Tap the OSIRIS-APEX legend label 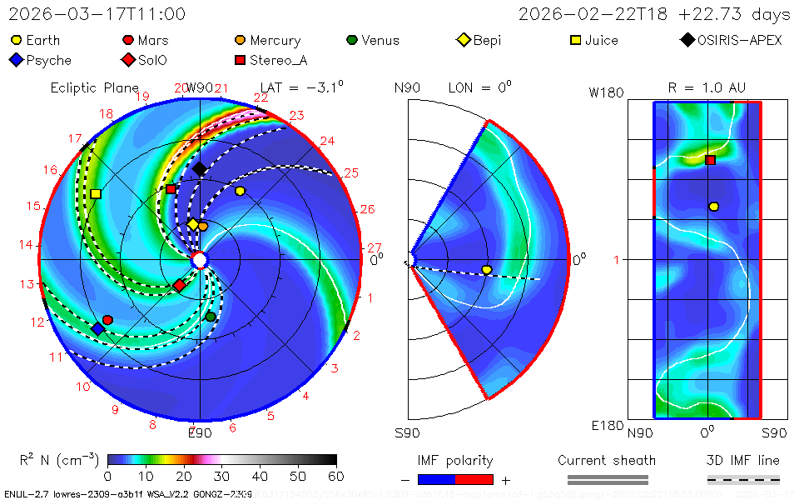(739, 40)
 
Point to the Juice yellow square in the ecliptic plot (96, 193)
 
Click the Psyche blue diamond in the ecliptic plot (98, 329)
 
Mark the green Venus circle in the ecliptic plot (211, 316)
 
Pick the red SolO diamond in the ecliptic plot (179, 286)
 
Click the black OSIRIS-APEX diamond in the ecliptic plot (200, 169)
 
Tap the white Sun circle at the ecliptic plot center (200, 261)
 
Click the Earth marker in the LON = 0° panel (487, 269)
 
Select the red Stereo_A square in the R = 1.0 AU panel (710, 160)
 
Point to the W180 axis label (606, 93)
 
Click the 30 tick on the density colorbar (222, 476)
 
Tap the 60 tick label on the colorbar (336, 476)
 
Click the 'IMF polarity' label (454, 460)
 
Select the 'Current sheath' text (607, 460)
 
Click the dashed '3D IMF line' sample (743, 479)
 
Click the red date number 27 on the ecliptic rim (375, 247)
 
